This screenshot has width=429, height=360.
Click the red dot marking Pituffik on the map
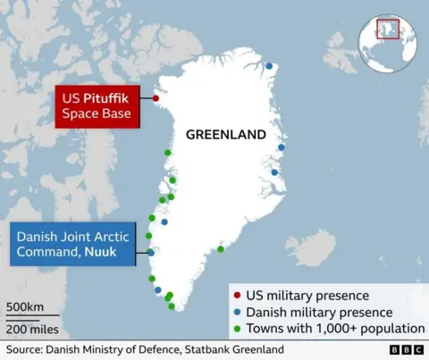click(156, 98)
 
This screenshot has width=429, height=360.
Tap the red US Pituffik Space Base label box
click(97, 106)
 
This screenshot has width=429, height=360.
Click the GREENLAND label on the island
click(225, 135)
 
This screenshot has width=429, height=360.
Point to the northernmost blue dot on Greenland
click(268, 64)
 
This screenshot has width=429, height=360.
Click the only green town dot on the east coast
click(220, 249)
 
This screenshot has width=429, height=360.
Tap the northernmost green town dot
click(167, 153)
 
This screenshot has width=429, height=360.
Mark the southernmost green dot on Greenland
click(172, 306)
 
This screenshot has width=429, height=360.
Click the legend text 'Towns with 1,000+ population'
click(334, 329)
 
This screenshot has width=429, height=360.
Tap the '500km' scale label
click(25, 308)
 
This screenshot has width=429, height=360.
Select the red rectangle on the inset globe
click(386, 29)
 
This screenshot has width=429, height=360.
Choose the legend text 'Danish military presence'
click(319, 312)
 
